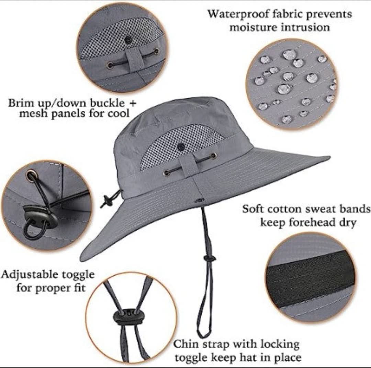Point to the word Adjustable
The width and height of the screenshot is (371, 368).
click(x=30, y=275)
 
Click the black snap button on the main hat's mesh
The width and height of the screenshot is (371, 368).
click(x=181, y=147)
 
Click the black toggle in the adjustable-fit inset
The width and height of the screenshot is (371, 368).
click(x=40, y=219)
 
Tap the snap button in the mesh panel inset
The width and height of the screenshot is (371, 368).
click(x=128, y=39)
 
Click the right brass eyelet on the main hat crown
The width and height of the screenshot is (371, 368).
click(x=213, y=156)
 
